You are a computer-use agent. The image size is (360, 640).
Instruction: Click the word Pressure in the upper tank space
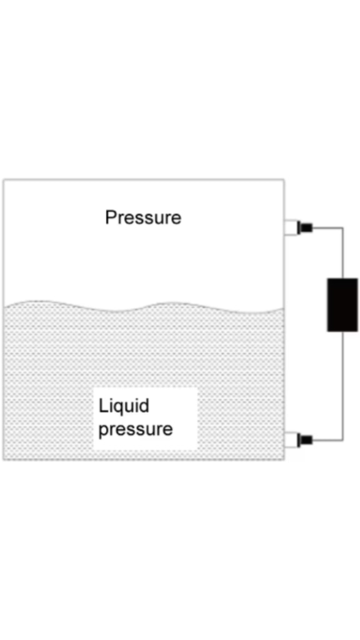[x=143, y=217]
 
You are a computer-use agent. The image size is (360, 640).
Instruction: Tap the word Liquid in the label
[x=124, y=406]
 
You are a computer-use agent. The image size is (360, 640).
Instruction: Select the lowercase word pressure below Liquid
[x=136, y=430]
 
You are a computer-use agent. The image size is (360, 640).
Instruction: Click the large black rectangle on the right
[x=342, y=304]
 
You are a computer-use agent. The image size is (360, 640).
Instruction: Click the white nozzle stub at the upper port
[x=291, y=227]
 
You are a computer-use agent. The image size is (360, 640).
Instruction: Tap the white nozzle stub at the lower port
[x=291, y=440]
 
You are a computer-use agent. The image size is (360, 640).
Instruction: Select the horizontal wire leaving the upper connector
[x=327, y=227]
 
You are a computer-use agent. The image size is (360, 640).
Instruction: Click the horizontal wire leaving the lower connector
[x=327, y=440]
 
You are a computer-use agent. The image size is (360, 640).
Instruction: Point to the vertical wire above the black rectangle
[x=342, y=253]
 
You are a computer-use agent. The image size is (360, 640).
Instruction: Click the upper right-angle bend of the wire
[x=342, y=227]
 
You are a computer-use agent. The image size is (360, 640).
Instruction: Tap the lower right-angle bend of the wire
[x=342, y=440]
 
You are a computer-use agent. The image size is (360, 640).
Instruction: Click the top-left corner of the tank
[x=4, y=180]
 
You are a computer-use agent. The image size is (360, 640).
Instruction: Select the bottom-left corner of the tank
[x=4, y=459]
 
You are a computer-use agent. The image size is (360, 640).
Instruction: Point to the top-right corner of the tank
[x=284, y=180]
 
